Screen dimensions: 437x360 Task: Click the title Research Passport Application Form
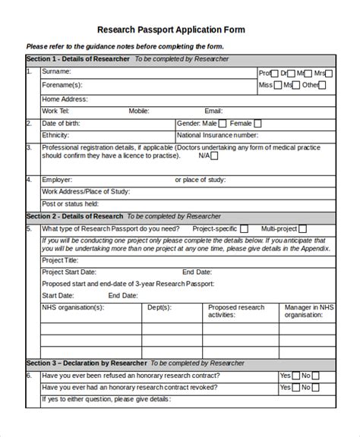[x=181, y=30]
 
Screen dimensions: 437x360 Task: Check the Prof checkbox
[x=275, y=73]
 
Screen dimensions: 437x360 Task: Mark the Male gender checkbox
[x=221, y=123]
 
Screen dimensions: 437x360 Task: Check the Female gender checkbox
[x=257, y=123]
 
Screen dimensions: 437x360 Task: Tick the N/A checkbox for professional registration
[x=214, y=156]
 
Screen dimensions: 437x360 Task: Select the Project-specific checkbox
[x=244, y=228]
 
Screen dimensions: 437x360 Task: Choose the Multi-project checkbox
[x=302, y=228]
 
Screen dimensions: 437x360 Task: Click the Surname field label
[x=57, y=73]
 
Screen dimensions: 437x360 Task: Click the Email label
[x=213, y=111]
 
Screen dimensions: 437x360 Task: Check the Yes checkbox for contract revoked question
[x=295, y=387]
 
